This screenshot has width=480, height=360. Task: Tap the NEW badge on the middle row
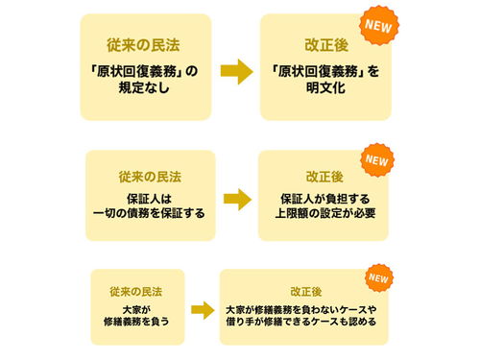point(375,158)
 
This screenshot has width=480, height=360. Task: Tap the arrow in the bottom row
point(203,312)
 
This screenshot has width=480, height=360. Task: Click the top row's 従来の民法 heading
point(142,44)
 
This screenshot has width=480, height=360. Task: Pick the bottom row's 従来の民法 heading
point(139,289)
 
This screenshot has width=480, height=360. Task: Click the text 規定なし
point(142,89)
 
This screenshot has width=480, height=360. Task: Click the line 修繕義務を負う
point(139,324)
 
